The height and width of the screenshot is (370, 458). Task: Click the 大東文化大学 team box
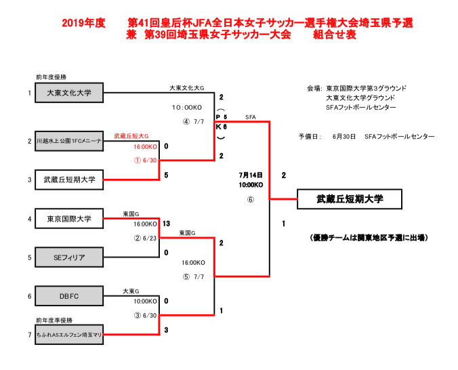(x=69, y=93)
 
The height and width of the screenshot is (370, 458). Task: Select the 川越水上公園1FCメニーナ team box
(x=69, y=141)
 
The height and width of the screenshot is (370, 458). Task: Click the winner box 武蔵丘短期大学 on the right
(x=350, y=199)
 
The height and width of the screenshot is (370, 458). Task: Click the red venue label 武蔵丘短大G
(x=131, y=136)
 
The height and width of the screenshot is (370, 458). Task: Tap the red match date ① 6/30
(x=146, y=161)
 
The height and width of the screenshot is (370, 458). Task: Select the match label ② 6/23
(x=146, y=238)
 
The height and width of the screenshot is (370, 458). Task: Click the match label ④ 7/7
(x=193, y=122)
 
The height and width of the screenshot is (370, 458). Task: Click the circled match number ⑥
(x=250, y=200)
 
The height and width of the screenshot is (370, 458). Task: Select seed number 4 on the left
(x=29, y=219)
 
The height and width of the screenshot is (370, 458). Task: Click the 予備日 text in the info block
(x=308, y=136)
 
